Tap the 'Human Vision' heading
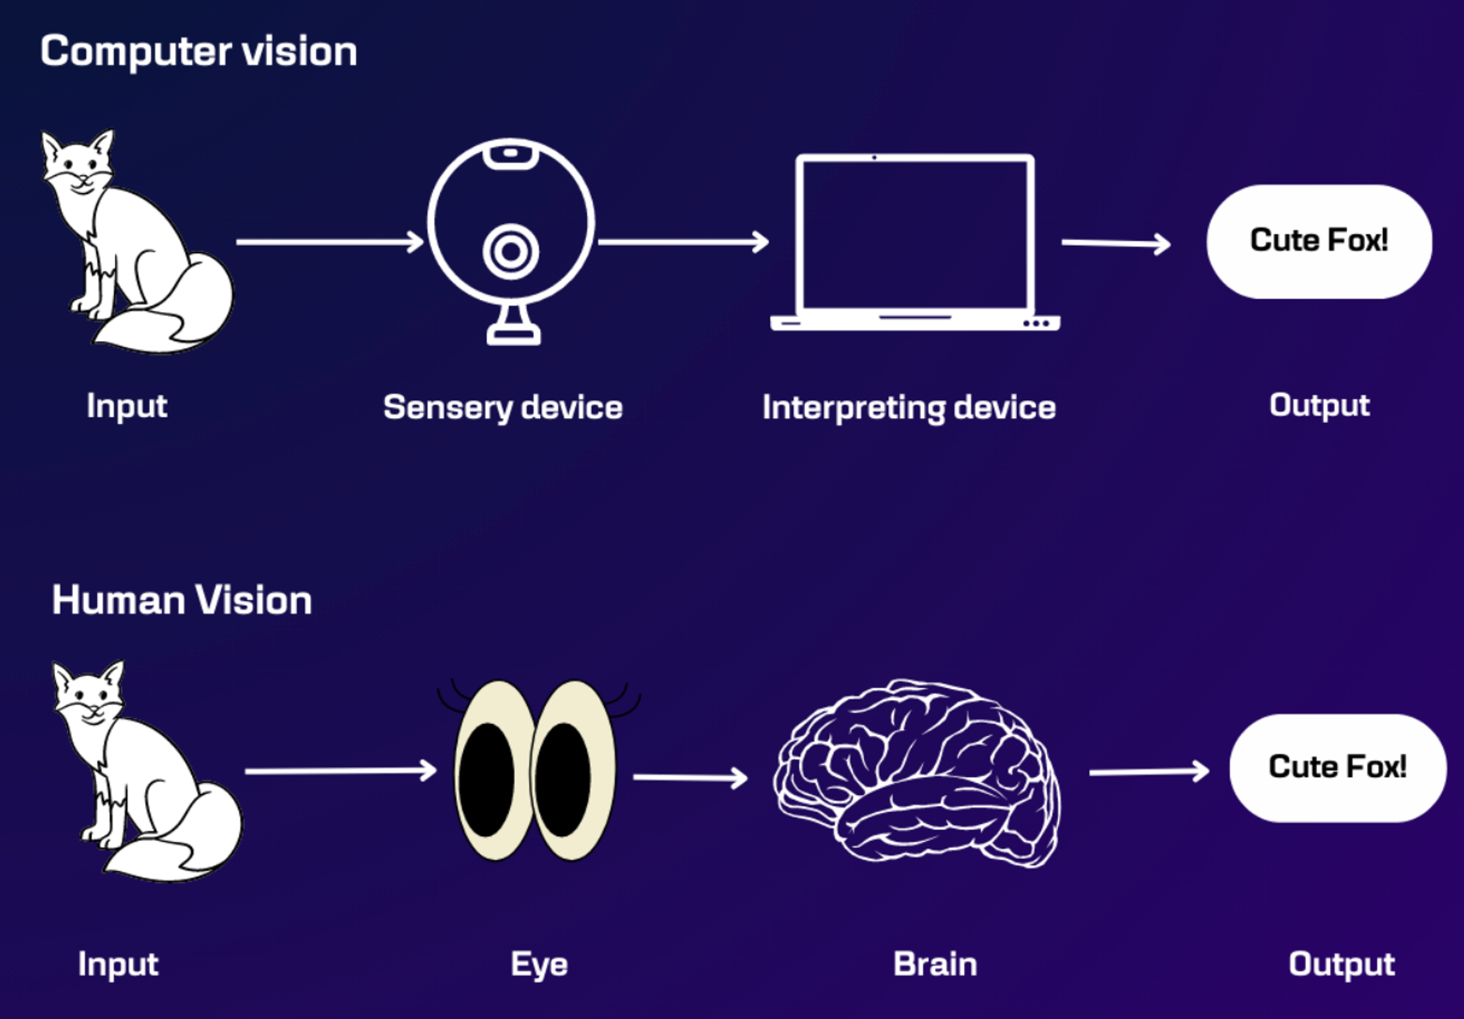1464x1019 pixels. (182, 600)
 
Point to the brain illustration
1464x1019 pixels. (916, 774)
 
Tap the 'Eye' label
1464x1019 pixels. (539, 964)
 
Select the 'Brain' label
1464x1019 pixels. (935, 964)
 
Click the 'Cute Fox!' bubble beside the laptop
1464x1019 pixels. (1319, 241)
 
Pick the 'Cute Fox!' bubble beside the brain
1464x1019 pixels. (1337, 767)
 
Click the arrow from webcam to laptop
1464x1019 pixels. (683, 242)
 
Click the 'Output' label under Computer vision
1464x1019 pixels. (1319, 405)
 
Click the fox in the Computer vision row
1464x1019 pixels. (137, 242)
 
